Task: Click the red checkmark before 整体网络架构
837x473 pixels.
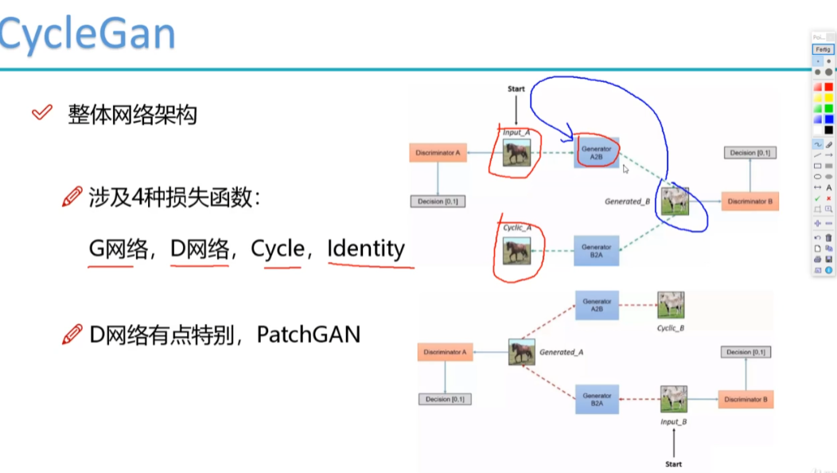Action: click(x=41, y=113)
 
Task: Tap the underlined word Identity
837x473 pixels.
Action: click(x=366, y=248)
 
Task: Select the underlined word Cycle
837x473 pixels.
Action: click(x=278, y=248)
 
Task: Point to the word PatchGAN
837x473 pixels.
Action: click(x=309, y=334)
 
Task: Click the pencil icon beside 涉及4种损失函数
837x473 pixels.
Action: click(x=72, y=197)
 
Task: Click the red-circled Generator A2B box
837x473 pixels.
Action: click(x=597, y=153)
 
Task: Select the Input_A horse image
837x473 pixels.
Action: click(x=516, y=152)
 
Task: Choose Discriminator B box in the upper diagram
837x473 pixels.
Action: click(x=749, y=201)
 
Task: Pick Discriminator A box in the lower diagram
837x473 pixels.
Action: click(x=445, y=351)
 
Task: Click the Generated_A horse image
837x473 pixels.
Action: click(x=522, y=352)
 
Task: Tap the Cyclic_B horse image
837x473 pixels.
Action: click(x=671, y=304)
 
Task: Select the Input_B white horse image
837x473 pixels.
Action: click(x=673, y=399)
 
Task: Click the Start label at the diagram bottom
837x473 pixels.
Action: click(x=673, y=463)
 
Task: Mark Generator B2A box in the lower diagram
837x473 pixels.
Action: click(x=597, y=399)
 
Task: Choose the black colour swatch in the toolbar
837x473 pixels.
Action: click(x=828, y=130)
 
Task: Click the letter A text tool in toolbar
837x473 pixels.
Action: click(x=828, y=187)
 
